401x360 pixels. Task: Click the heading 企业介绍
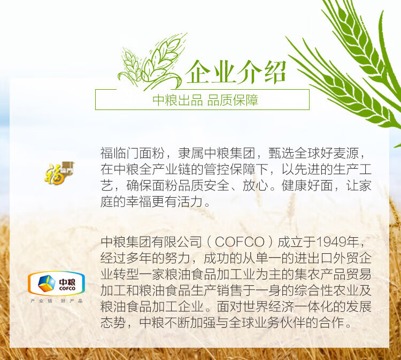(x=236, y=72)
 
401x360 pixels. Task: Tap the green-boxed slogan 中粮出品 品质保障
(x=205, y=100)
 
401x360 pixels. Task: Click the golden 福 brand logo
(x=59, y=173)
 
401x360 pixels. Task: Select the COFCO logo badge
(x=56, y=283)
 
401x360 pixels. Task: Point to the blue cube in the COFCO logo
(x=47, y=283)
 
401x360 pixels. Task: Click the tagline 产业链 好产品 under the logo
(x=57, y=301)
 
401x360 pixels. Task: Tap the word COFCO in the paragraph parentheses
(x=240, y=242)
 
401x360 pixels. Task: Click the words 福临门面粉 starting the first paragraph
(x=132, y=153)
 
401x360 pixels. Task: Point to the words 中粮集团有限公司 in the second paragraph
(x=151, y=242)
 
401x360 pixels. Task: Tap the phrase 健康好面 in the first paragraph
(x=307, y=185)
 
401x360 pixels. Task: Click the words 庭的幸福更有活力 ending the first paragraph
(x=152, y=201)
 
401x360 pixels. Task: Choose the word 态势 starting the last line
(x=113, y=323)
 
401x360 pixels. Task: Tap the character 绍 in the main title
(x=274, y=72)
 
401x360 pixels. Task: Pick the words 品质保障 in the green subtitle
(x=233, y=100)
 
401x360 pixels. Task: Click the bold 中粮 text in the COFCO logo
(x=67, y=282)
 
